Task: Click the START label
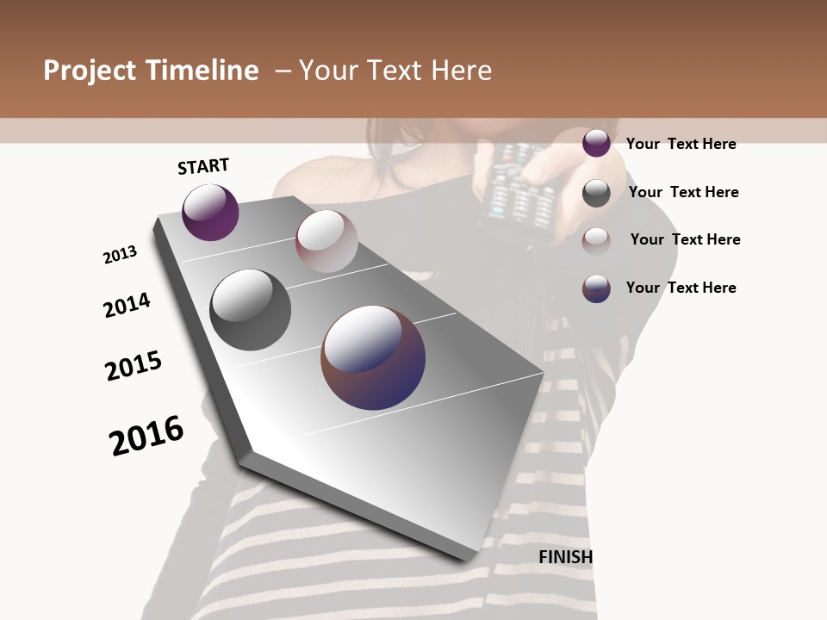(x=203, y=166)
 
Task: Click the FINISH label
(x=565, y=557)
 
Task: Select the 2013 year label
(x=121, y=255)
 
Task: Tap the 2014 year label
(x=127, y=305)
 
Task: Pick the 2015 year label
(x=134, y=366)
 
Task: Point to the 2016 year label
(x=146, y=436)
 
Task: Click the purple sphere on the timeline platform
(x=210, y=212)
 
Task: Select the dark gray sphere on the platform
(x=250, y=309)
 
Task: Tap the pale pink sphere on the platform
(x=326, y=240)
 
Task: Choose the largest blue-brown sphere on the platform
(x=373, y=357)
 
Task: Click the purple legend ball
(x=596, y=143)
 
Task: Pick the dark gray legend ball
(x=596, y=193)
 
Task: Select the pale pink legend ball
(x=596, y=241)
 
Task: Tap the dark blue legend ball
(x=596, y=288)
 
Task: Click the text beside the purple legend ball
(x=681, y=144)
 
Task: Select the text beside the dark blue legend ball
(x=681, y=288)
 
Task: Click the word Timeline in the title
(x=202, y=71)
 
